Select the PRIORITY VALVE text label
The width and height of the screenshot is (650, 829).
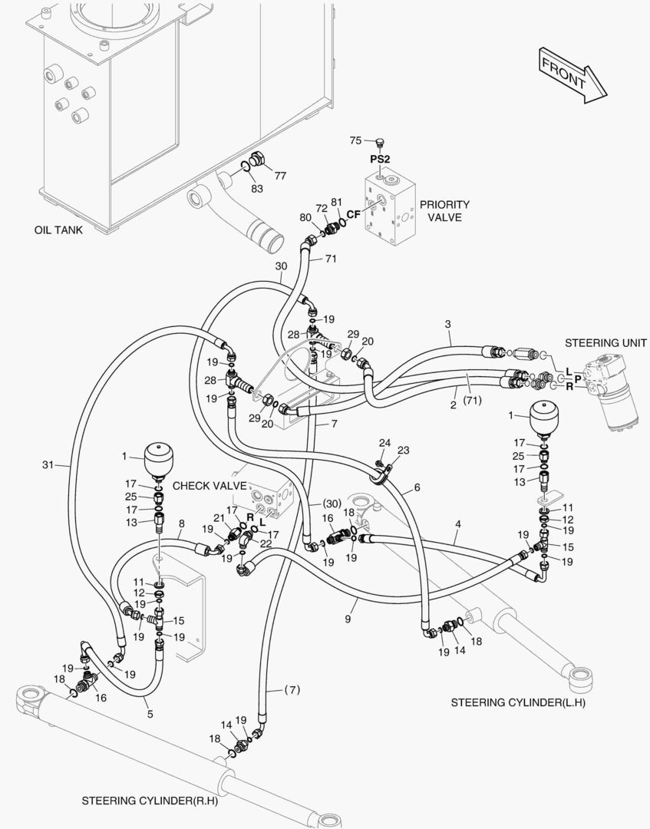[444, 211]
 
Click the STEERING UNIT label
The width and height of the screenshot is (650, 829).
[605, 342]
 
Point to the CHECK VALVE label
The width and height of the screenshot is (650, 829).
[210, 486]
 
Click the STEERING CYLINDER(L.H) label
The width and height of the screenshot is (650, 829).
[517, 702]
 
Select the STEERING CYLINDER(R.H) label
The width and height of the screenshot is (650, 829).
[150, 801]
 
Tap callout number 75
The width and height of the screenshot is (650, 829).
[355, 140]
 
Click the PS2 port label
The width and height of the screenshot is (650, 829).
[381, 159]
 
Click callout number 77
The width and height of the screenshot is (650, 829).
[280, 176]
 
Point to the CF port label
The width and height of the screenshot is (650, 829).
[353, 214]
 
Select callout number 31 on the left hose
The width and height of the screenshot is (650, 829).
[48, 464]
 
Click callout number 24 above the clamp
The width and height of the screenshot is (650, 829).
[384, 443]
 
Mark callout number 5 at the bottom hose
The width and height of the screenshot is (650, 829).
[150, 714]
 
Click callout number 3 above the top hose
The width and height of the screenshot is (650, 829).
[447, 325]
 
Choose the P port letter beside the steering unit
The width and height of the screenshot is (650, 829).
[577, 379]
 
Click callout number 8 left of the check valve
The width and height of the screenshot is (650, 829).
[181, 525]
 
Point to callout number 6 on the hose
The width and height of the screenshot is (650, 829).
[417, 487]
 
